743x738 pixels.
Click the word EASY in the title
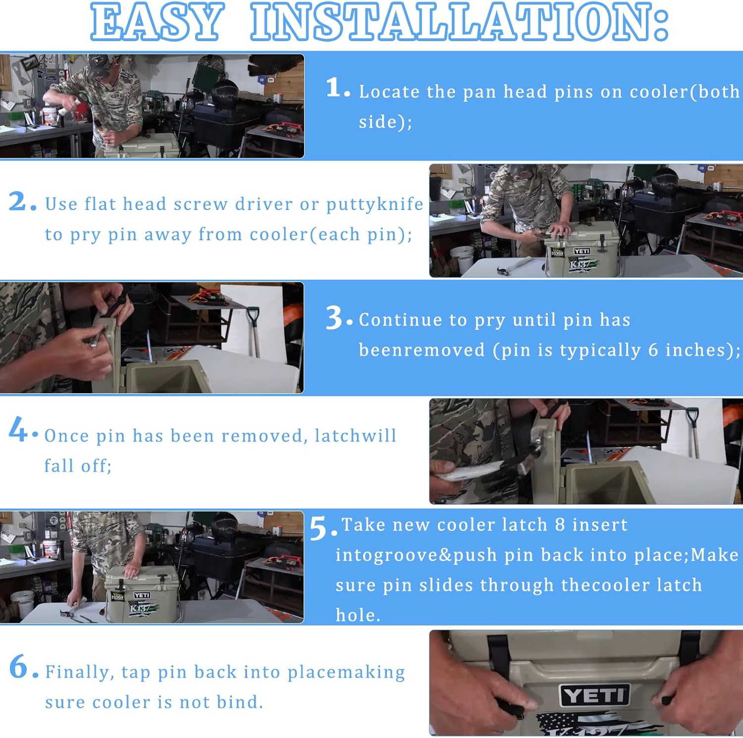(157, 22)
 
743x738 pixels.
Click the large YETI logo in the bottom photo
(594, 695)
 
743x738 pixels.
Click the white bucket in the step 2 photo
(463, 260)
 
